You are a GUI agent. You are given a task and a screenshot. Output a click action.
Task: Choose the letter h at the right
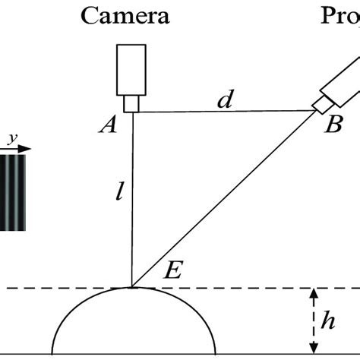click(327, 321)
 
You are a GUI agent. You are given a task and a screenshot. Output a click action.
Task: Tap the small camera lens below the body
click(132, 103)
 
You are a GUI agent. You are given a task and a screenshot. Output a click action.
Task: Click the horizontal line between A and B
click(224, 112)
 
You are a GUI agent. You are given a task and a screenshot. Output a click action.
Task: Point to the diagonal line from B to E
click(228, 197)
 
